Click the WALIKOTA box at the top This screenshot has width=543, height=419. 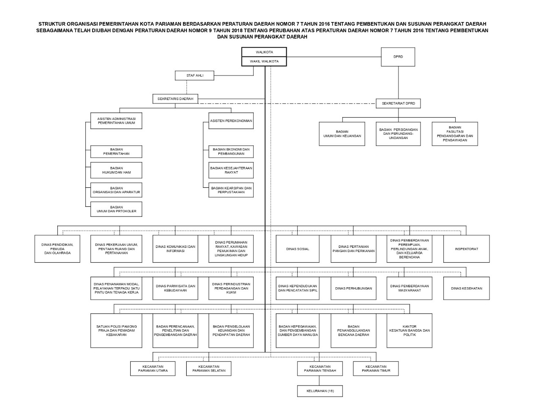click(264, 52)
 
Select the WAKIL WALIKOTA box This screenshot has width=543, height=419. click(264, 61)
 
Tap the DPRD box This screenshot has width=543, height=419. click(398, 57)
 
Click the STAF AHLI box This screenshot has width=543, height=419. click(195, 75)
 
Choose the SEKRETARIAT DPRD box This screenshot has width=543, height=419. click(398, 103)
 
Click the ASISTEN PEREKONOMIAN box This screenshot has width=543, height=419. click(231, 121)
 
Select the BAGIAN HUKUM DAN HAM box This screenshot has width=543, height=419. click(116, 170)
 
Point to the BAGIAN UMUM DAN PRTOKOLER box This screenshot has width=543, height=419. click(116, 209)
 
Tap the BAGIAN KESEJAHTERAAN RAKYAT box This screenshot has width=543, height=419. click(231, 170)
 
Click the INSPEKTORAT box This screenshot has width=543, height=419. click(466, 249)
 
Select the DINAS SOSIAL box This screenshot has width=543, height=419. click(297, 249)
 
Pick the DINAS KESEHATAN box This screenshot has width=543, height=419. click(466, 289)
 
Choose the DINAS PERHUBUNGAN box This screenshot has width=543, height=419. click(353, 289)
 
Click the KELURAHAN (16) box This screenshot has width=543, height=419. click(319, 391)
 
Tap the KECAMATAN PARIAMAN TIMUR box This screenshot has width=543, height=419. click(375, 369)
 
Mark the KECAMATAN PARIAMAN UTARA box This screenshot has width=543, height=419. click(153, 369)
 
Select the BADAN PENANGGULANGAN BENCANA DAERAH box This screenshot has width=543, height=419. click(353, 330)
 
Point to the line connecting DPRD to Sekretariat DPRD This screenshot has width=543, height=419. click(398, 83)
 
